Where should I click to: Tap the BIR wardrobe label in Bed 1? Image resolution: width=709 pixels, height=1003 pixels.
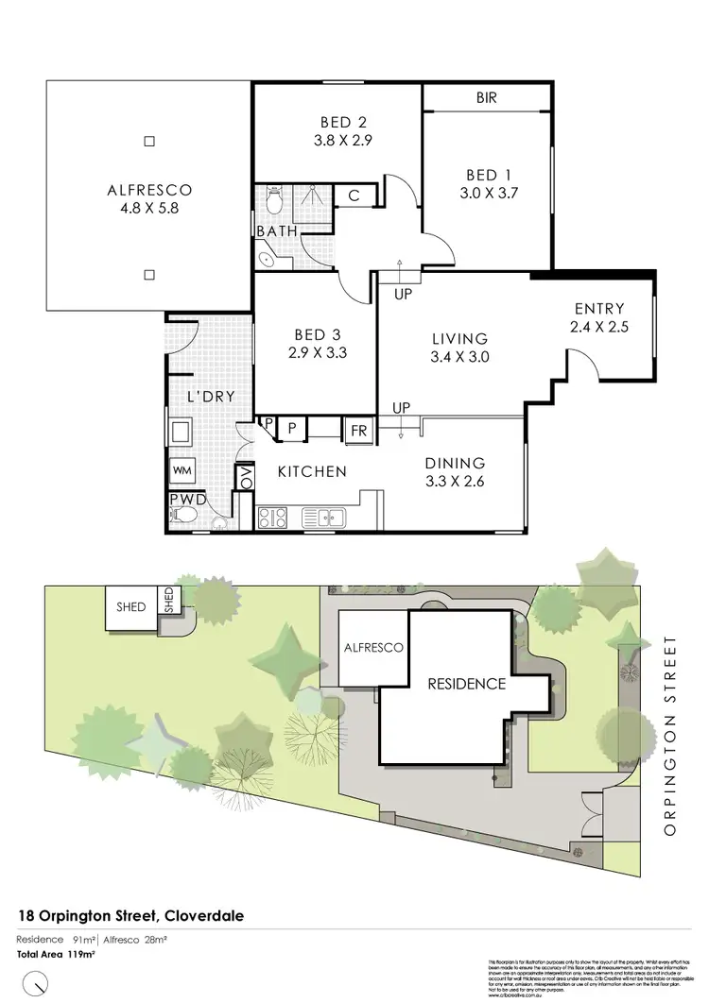pos(486,97)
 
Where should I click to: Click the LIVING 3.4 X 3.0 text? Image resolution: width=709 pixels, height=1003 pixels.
pos(459,348)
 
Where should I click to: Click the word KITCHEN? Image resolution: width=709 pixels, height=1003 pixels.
pos(311,471)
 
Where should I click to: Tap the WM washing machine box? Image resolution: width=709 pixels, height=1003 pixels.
pos(182,469)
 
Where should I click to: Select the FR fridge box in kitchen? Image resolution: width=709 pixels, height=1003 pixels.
pos(360,430)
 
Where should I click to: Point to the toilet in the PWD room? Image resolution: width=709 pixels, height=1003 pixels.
pos(184,516)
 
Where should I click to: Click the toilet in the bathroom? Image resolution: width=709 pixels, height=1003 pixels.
pos(273,201)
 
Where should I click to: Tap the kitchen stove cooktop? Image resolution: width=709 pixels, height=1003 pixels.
pos(272,517)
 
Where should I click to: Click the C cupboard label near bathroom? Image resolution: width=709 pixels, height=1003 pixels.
pos(353,195)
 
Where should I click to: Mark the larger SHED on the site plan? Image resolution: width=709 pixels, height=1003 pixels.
pos(131,606)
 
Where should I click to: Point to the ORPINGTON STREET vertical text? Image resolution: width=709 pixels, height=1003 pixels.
pos(671,736)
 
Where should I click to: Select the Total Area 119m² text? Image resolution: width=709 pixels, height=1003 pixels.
pos(56,955)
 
